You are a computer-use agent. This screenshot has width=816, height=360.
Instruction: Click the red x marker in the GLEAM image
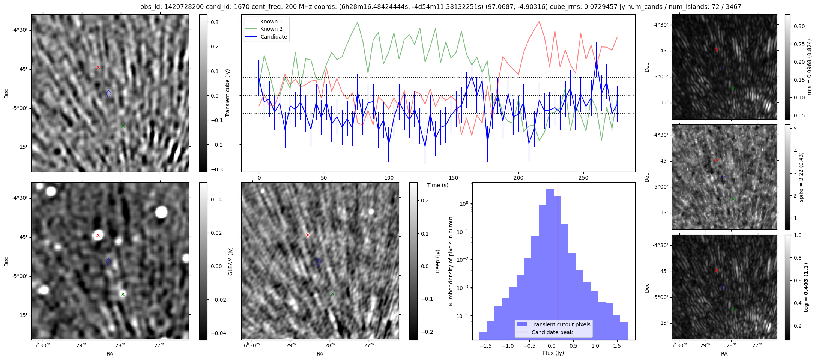coord(98,235)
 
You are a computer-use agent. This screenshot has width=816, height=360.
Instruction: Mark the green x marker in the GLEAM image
coord(123,294)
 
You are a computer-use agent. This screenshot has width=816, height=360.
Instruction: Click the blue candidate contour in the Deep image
coord(319,262)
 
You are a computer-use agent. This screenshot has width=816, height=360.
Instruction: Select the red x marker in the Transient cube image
coord(98,67)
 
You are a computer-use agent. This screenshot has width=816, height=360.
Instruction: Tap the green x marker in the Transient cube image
coord(123,126)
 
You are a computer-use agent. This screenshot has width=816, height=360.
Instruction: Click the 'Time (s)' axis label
coord(437,185)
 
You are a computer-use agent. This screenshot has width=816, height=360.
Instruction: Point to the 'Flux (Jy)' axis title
coord(553,353)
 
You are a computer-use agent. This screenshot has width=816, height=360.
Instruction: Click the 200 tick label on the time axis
coord(518,178)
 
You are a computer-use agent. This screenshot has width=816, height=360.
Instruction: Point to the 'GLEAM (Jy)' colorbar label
coord(230,261)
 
